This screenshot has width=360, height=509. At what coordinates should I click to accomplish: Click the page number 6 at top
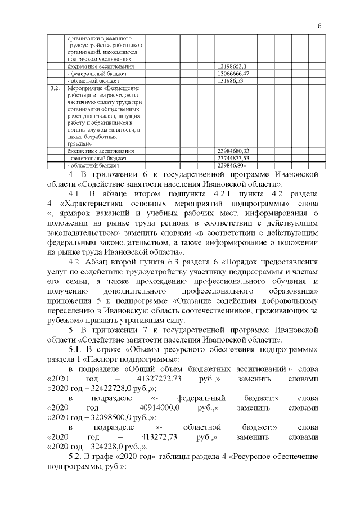coord(319,26)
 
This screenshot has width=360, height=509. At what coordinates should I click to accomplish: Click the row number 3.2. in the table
coord(55,89)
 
